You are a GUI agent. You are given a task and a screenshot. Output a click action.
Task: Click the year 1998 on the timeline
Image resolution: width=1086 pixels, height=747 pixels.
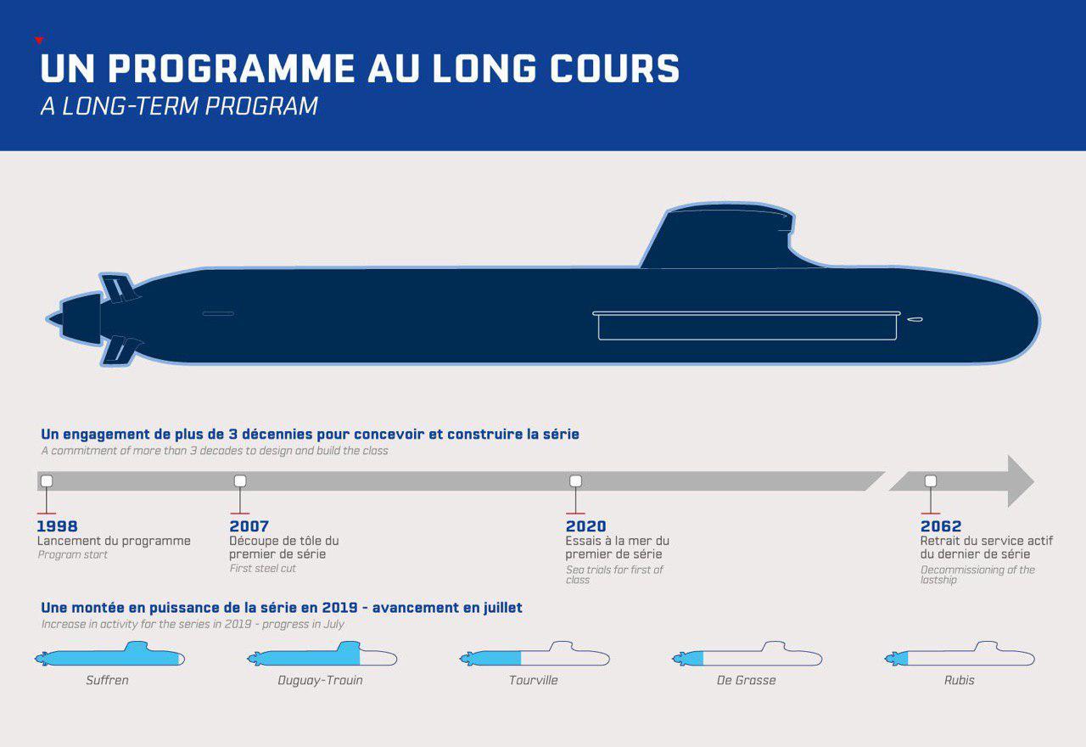coord(58,526)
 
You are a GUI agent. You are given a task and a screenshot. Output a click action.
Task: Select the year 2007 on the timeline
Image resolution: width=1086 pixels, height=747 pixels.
coord(249,526)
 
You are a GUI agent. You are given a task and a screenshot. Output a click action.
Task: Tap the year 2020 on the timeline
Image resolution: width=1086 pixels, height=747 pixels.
coord(586,526)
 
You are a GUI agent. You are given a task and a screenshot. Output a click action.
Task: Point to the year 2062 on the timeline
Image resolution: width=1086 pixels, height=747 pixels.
coord(941,526)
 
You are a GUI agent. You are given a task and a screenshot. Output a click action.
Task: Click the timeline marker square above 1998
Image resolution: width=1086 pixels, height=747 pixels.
coord(47,481)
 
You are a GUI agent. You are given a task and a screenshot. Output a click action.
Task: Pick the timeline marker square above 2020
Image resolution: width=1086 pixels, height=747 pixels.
coord(575,481)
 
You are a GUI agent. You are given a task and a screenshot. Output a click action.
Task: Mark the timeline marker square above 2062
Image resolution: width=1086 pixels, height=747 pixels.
coord(931,481)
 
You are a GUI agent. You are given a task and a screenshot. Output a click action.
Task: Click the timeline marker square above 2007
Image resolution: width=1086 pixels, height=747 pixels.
coord(240,481)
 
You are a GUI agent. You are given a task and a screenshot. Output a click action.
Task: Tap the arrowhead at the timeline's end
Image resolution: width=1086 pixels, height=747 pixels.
coord(1019,481)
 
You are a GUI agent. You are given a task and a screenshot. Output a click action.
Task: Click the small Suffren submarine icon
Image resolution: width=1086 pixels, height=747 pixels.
coord(110,656)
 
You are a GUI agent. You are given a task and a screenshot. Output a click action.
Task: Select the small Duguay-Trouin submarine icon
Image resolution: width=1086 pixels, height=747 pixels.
coord(322,656)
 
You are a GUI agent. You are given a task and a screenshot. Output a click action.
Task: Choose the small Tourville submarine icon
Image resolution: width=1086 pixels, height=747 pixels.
coord(535,656)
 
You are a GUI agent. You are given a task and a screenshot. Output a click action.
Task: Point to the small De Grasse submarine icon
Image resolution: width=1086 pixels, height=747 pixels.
coord(747,656)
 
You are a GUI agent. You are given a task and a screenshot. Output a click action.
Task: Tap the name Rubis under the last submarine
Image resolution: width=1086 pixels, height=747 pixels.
coord(960,680)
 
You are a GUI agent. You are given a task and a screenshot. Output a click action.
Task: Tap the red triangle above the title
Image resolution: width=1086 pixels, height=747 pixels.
coord(39,40)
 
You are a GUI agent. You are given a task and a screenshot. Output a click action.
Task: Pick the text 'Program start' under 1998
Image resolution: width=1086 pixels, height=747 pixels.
coord(73,554)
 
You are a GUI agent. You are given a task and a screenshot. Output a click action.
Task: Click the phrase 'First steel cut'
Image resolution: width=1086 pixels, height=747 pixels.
coord(263,568)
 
